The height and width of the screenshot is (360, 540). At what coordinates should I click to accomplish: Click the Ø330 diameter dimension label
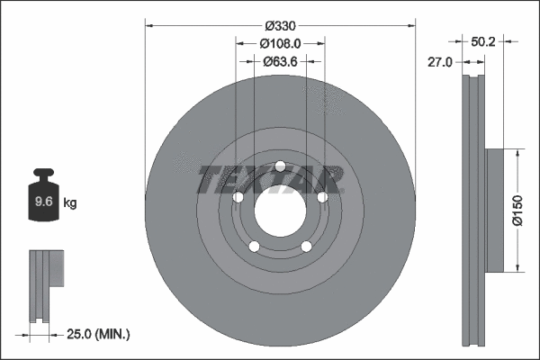(280, 27)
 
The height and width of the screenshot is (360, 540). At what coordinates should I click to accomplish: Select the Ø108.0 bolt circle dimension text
(280, 44)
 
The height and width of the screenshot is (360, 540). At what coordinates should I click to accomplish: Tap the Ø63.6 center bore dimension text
(280, 62)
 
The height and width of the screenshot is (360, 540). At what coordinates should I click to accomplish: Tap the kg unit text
(70, 203)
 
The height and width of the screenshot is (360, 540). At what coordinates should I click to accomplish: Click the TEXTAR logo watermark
(271, 179)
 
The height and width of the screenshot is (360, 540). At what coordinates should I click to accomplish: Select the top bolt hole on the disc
(280, 166)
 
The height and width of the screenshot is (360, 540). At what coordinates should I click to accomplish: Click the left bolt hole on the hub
(238, 197)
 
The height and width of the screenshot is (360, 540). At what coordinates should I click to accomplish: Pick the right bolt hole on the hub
(321, 197)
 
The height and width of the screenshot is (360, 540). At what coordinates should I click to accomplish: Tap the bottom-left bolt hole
(255, 247)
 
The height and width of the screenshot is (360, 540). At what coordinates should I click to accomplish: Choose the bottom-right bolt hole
(306, 247)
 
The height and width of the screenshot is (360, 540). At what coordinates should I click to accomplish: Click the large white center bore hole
(280, 211)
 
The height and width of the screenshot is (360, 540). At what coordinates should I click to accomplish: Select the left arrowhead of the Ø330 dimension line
(148, 26)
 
